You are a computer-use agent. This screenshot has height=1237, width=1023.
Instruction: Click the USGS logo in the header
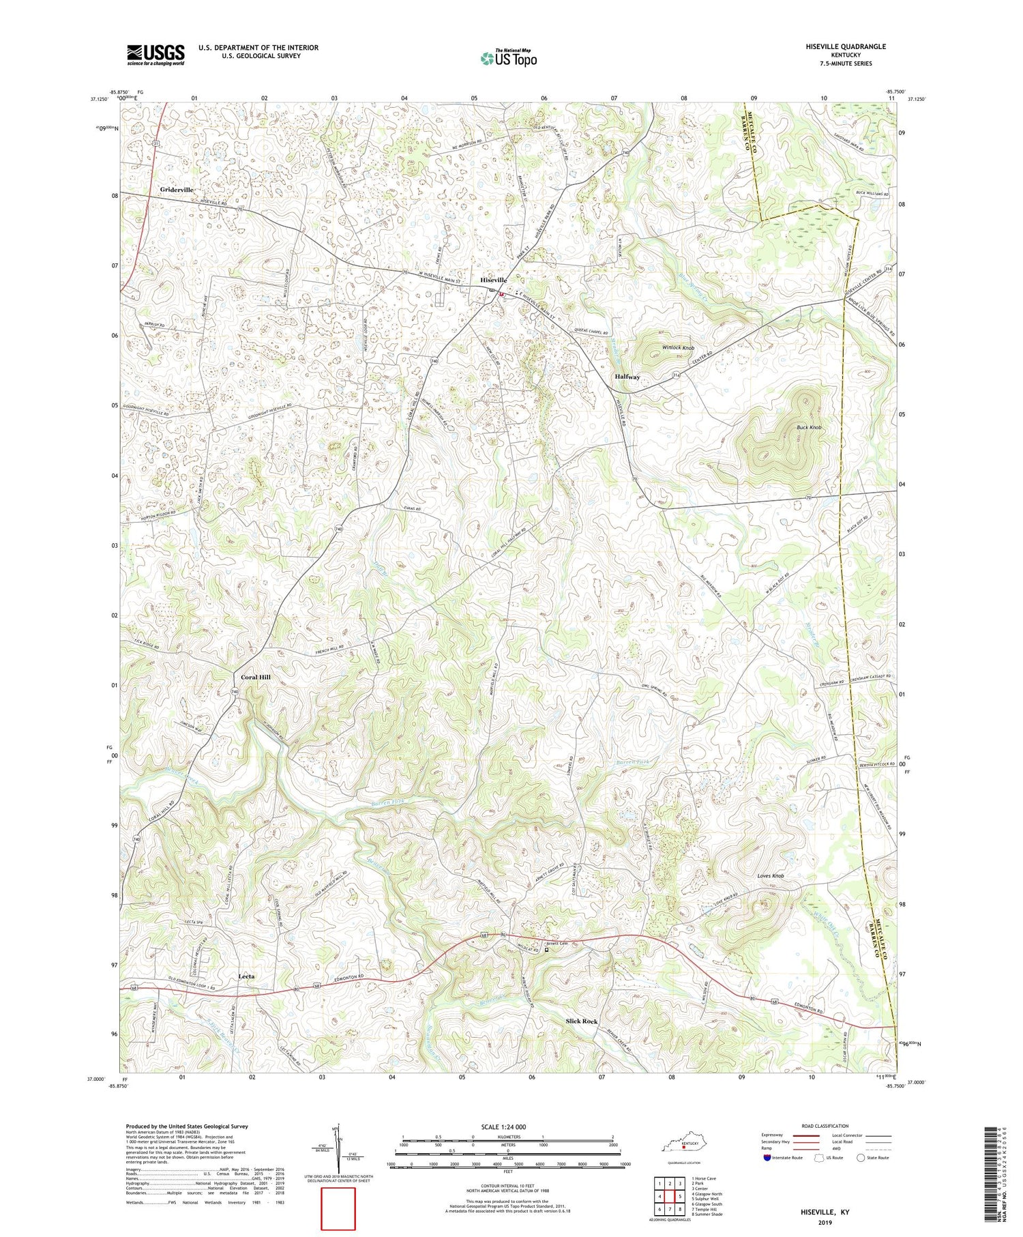tap(155, 54)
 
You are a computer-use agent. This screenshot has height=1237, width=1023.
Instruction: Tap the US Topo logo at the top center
tap(508, 58)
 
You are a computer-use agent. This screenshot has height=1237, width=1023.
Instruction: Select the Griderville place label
tap(177, 189)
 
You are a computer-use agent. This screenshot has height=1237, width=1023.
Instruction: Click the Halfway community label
tap(627, 377)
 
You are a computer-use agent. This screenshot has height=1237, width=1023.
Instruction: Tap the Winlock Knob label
tap(679, 347)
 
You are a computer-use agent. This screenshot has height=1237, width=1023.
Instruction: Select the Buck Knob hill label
tap(809, 427)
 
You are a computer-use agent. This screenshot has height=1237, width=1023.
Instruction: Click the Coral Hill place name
tap(256, 677)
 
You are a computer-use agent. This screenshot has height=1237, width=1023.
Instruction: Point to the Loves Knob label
tap(771, 875)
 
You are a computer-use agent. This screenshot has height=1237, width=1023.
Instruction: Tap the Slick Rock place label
tap(581, 1021)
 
